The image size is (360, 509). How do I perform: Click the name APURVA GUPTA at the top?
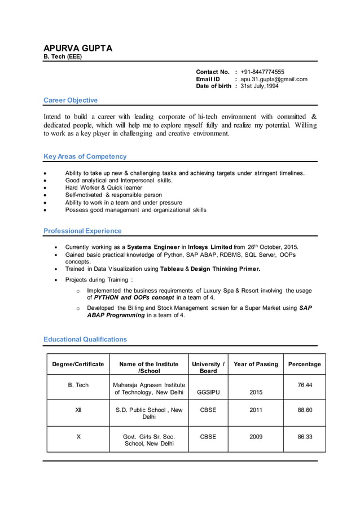click(78, 48)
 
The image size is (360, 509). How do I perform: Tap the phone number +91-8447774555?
click(262, 72)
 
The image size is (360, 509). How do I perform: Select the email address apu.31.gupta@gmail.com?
click(274, 79)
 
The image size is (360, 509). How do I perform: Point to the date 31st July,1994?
click(260, 86)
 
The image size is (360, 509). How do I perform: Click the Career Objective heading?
click(71, 100)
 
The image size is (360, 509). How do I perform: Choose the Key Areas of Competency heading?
click(85, 156)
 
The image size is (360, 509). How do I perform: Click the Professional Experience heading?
click(82, 231)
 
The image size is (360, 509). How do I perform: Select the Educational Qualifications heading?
click(85, 339)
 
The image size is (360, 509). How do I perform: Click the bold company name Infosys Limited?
click(209, 247)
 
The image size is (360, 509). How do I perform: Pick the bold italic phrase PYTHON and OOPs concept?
click(130, 297)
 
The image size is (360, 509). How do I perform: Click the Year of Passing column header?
click(256, 364)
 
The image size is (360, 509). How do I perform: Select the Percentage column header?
click(304, 364)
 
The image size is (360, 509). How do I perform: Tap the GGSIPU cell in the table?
click(208, 392)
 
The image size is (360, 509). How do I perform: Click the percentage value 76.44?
click(305, 385)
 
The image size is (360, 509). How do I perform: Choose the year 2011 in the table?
click(256, 410)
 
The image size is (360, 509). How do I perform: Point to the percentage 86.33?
click(305, 436)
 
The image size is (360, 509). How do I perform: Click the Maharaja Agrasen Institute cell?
click(149, 389)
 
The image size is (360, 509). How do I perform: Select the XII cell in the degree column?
click(78, 410)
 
